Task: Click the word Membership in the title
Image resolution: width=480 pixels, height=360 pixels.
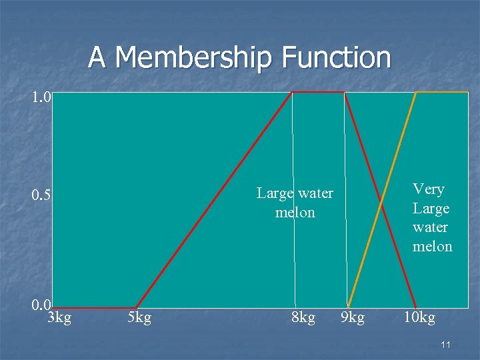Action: point(193,57)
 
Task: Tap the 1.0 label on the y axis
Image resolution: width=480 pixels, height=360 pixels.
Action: point(41,97)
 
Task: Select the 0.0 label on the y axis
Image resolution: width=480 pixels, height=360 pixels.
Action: point(41,305)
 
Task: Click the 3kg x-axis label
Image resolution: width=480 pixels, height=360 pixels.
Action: point(60,317)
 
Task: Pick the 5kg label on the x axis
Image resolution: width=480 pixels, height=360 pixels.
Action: point(139,317)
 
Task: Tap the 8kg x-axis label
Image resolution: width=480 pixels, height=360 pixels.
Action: point(303,317)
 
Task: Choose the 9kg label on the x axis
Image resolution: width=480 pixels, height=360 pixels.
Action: point(353,317)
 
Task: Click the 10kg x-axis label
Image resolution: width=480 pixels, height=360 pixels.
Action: point(419,317)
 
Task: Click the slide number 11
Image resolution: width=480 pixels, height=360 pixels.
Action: point(446,345)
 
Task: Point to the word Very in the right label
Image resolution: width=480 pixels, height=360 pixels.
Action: point(429,189)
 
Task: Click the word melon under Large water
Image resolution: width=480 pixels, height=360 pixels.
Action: point(295,213)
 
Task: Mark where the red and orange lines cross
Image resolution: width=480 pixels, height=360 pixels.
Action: point(381,200)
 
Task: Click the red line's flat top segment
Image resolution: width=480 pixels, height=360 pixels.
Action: point(317,92)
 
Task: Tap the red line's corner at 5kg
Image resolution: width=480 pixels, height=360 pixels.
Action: point(136,308)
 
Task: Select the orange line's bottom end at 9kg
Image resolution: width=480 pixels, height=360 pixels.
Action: point(348,307)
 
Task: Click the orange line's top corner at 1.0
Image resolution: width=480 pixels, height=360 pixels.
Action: point(417,92)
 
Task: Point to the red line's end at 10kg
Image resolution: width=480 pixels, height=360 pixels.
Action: point(416,307)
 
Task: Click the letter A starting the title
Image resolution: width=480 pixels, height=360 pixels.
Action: point(97,57)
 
